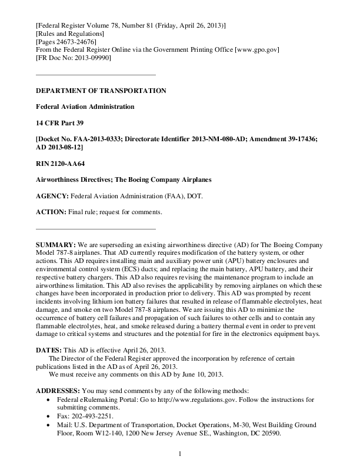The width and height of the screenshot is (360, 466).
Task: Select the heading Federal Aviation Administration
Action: tap(85, 106)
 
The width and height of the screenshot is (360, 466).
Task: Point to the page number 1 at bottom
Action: tap(180, 454)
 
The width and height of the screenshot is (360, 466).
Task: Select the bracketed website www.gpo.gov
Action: tap(256, 51)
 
